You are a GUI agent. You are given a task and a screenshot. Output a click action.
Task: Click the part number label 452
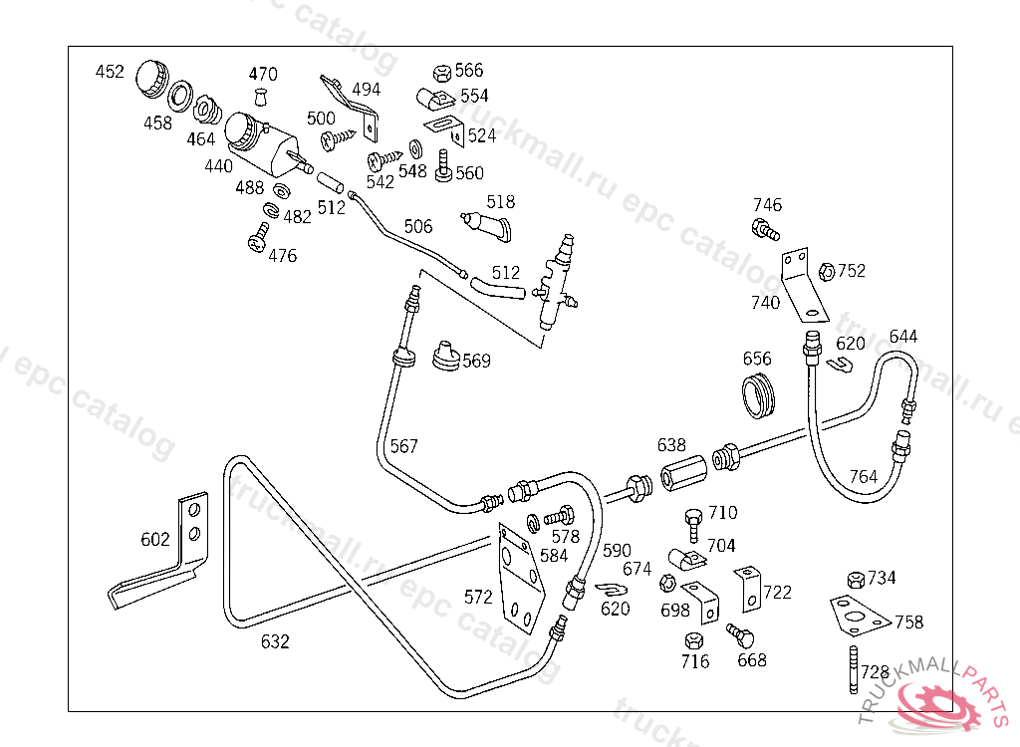click(x=110, y=72)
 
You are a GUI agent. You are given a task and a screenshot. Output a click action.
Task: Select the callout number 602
click(x=155, y=540)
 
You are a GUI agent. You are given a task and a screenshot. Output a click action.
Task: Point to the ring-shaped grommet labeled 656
click(x=759, y=395)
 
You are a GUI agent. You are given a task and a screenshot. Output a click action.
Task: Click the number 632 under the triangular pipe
click(x=275, y=642)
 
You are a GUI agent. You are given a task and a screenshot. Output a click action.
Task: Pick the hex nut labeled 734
click(x=855, y=580)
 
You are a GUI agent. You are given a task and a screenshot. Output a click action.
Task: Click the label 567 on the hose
click(x=403, y=446)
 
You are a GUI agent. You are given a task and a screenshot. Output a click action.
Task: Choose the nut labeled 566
click(x=441, y=73)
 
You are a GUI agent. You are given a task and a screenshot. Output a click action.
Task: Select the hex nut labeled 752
click(x=826, y=271)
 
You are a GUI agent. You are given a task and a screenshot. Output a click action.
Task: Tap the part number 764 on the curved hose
click(x=863, y=477)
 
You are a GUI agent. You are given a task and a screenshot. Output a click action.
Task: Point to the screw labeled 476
click(x=259, y=237)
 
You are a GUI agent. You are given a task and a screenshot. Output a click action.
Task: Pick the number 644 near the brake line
click(x=903, y=336)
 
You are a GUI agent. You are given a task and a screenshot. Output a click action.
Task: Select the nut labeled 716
click(x=695, y=639)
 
